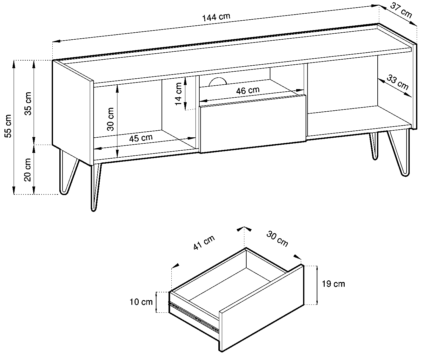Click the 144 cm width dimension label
point(216,17)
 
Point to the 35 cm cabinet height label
point(28,103)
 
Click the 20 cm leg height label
point(28,170)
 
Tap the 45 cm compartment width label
point(141,138)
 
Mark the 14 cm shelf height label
point(178,94)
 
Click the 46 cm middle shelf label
point(248,90)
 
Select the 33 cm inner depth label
point(398,83)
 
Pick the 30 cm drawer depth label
point(277,239)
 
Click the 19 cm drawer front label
point(333,284)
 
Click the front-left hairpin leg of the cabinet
point(96,187)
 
